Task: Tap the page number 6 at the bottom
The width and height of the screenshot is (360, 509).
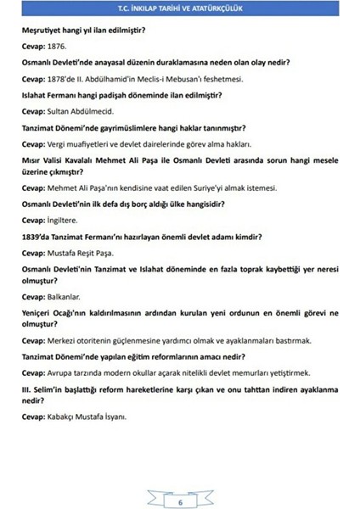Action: click(x=180, y=479)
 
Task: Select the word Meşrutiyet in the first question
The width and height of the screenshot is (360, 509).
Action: click(x=43, y=31)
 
